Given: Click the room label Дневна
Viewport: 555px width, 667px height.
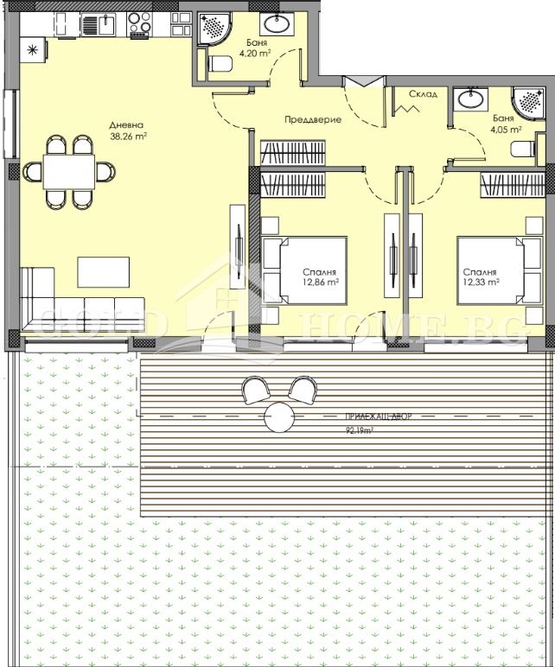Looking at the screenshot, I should pyautogui.click(x=127, y=124).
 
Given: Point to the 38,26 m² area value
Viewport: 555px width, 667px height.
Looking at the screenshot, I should pyautogui.click(x=128, y=136).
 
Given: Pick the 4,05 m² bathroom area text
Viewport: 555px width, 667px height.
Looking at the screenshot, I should pyautogui.click(x=507, y=130).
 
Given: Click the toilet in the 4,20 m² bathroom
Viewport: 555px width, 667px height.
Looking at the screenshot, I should pyautogui.click(x=221, y=63).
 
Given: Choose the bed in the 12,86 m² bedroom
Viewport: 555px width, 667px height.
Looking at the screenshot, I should pyautogui.click(x=304, y=270).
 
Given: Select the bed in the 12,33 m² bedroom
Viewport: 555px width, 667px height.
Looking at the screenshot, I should pyautogui.click(x=490, y=270).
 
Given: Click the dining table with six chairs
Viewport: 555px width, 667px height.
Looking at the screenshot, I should pyautogui.click(x=69, y=171).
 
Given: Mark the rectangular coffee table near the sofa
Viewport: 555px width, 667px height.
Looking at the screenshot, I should pyautogui.click(x=104, y=271).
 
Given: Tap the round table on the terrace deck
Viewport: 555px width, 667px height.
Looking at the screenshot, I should pyautogui.click(x=280, y=418).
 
